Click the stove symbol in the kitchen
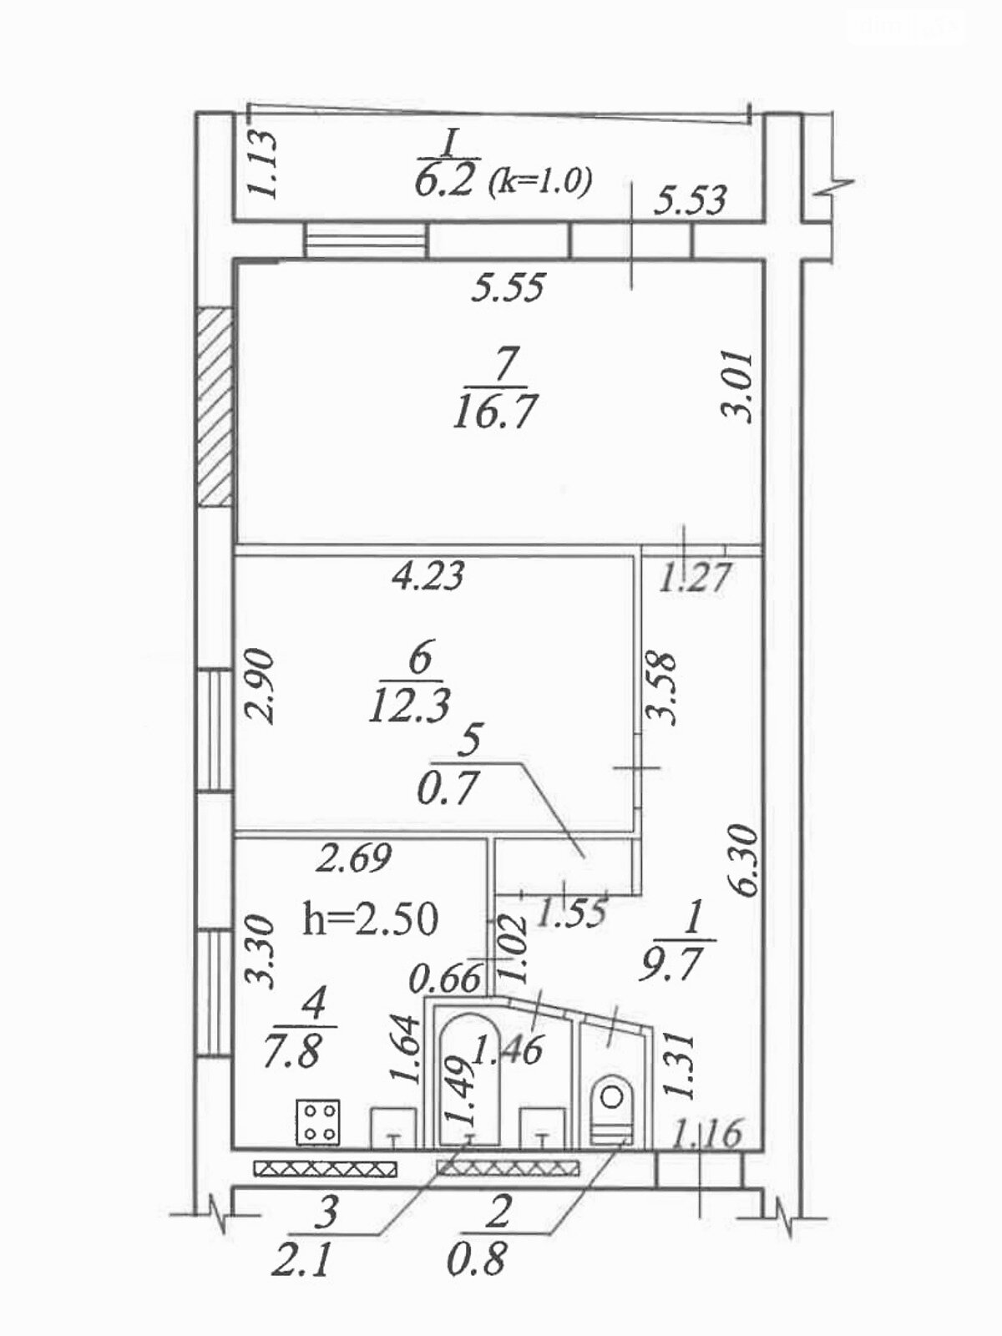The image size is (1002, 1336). click(318, 1121)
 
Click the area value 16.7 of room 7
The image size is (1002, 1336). click(493, 412)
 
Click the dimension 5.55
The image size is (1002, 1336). click(508, 288)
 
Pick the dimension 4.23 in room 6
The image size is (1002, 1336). click(428, 575)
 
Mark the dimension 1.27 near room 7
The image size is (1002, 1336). click(695, 576)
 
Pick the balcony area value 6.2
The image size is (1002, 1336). click(446, 180)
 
